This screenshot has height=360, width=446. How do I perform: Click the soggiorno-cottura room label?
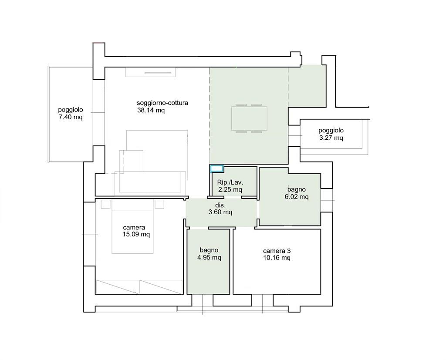click(162, 103)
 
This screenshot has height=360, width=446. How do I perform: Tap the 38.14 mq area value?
click(151, 110)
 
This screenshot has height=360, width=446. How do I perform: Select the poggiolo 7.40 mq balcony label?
click(71, 113)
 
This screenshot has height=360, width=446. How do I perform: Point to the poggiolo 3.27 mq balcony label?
click(331, 134)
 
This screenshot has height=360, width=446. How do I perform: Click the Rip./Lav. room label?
click(230, 182)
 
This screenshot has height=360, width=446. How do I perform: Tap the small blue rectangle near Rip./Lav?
click(217, 168)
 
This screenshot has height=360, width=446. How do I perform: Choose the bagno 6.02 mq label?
click(296, 193)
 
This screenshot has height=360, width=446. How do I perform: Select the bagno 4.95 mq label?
click(209, 254)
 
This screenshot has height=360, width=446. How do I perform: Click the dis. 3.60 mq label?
click(220, 209)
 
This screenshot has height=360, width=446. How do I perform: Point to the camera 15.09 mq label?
click(136, 231)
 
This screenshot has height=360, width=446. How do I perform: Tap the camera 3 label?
click(277, 251)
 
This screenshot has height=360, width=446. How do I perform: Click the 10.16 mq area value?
click(277, 258)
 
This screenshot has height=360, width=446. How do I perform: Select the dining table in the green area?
click(249, 118)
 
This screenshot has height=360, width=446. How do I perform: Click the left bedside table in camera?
click(105, 204)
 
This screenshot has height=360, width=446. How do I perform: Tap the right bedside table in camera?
click(159, 204)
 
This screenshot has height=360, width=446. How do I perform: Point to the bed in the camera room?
click(132, 226)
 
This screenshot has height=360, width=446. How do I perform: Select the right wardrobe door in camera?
click(161, 287)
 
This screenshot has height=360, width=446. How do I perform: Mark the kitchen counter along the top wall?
click(151, 72)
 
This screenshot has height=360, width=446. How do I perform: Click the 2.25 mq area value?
click(230, 189)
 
